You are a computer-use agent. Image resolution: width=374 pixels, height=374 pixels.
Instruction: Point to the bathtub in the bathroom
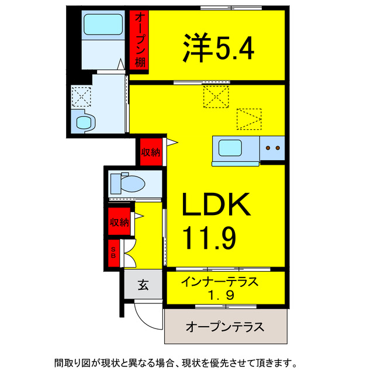(x=102, y=25)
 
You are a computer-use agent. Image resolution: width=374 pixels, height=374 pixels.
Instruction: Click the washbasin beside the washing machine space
(x=85, y=123)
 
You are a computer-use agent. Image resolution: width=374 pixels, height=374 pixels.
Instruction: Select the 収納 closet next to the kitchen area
(x=151, y=153)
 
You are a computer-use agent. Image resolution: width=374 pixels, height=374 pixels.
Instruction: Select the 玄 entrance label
(x=142, y=286)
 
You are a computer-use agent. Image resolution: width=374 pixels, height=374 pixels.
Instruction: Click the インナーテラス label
(x=219, y=282)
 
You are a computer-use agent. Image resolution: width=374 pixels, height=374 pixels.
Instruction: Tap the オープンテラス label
(x=224, y=325)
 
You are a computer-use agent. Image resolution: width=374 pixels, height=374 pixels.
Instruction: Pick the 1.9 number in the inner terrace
(x=219, y=296)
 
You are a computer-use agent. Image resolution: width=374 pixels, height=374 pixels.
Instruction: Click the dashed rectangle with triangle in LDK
(x=250, y=119)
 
